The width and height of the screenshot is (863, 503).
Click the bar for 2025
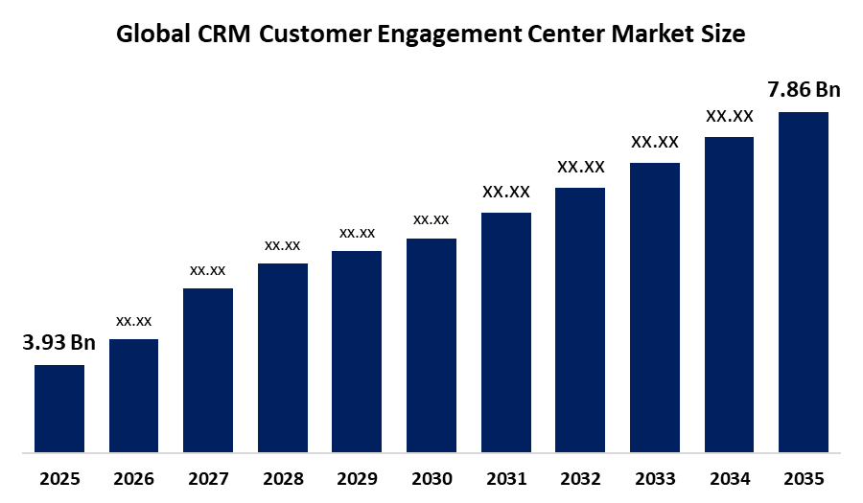coord(59,408)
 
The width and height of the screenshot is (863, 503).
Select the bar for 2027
coord(208,370)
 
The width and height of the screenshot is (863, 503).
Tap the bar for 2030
coord(431,345)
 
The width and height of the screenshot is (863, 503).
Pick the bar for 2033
coord(655,307)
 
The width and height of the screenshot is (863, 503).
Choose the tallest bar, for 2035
coord(804,282)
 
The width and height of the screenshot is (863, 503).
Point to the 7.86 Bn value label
coord(804,90)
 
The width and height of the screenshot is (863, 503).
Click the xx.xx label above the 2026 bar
coord(133,321)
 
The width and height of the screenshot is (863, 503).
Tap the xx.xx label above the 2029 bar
coord(357,233)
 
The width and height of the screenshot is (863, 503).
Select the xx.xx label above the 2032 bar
coord(581,167)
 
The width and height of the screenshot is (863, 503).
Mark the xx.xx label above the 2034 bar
coord(730,116)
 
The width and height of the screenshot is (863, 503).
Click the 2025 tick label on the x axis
coord(59,478)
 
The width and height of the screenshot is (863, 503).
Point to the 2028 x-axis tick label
coord(283,478)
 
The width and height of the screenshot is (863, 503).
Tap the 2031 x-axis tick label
coord(506,478)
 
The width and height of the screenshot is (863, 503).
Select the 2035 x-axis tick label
coord(804,478)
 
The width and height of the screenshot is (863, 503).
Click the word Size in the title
coord(722,34)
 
